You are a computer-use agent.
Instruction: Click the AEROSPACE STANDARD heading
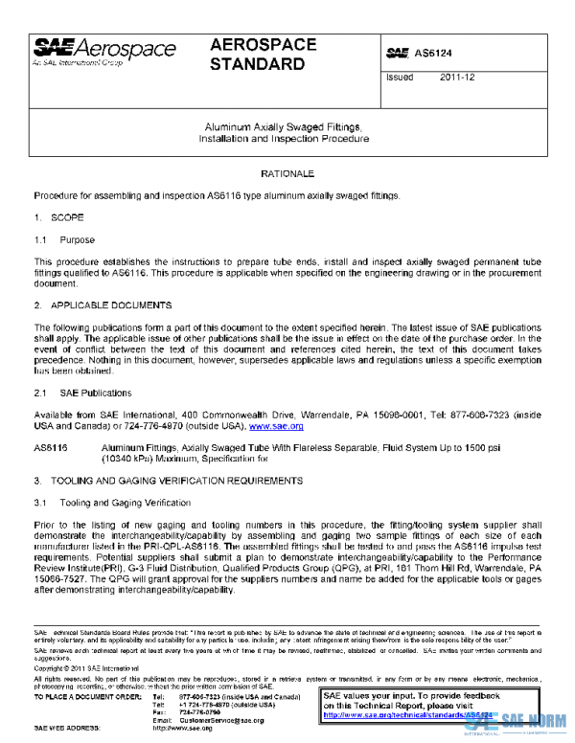(x=258, y=56)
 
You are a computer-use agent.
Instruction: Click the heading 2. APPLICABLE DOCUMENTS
(x=103, y=305)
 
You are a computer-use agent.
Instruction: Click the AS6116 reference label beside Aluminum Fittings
(x=50, y=448)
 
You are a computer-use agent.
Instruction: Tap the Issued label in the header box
(x=400, y=79)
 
